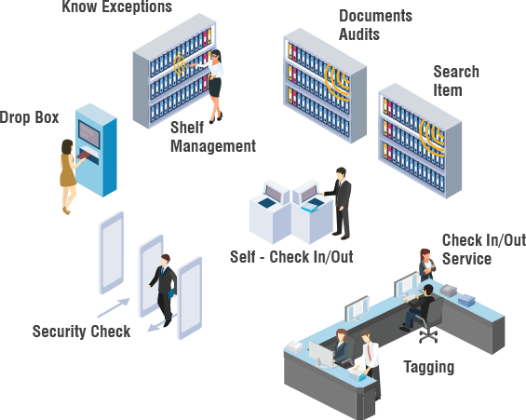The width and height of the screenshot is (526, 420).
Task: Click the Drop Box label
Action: tap(29, 117)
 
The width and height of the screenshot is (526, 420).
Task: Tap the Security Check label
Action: tap(81, 332)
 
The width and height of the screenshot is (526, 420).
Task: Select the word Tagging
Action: tap(429, 367)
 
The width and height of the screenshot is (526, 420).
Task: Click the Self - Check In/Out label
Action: tap(291, 257)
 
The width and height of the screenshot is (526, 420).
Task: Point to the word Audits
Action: tap(359, 34)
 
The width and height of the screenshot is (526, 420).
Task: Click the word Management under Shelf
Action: tap(213, 146)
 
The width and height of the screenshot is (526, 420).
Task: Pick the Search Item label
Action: tap(456, 81)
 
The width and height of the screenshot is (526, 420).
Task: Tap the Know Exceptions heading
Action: tap(116, 7)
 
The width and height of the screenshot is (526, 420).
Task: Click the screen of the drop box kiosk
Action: tap(88, 134)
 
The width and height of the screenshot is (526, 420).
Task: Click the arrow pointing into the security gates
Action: tap(114, 307)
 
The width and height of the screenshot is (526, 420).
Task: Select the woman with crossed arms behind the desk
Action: tap(426, 265)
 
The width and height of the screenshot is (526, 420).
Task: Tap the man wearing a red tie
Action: tap(371, 362)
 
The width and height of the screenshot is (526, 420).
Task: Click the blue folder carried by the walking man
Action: tap(171, 293)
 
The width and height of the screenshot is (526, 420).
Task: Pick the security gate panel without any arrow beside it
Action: tap(112, 253)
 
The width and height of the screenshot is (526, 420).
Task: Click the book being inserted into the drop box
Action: tap(84, 155)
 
